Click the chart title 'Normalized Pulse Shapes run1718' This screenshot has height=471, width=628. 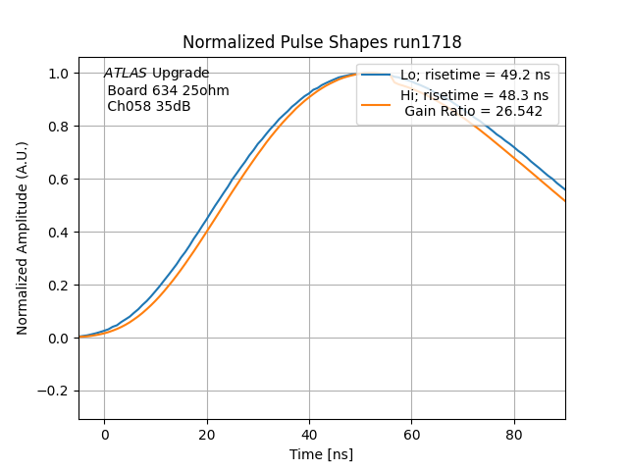pos(322,42)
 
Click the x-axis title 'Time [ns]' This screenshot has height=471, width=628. pos(322,454)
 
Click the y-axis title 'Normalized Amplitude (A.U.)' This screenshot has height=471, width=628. pos(23,237)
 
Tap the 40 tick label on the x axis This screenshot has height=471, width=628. pos(309,435)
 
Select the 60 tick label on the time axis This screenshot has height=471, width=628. pos(412,435)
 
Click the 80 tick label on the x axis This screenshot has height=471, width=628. pos(514,435)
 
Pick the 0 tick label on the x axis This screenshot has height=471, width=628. pos(104,435)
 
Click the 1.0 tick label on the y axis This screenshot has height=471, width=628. pos(59,74)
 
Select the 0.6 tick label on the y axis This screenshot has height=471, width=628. pos(59,180)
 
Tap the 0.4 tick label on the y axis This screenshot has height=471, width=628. pos(59,233)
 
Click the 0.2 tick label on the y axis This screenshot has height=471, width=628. pos(59,286)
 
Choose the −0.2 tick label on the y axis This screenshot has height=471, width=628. pos(54,391)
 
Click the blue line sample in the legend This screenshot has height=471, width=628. pos(378,75)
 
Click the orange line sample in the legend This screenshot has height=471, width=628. pos(378,103)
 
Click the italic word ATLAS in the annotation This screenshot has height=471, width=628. pos(126,74)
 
